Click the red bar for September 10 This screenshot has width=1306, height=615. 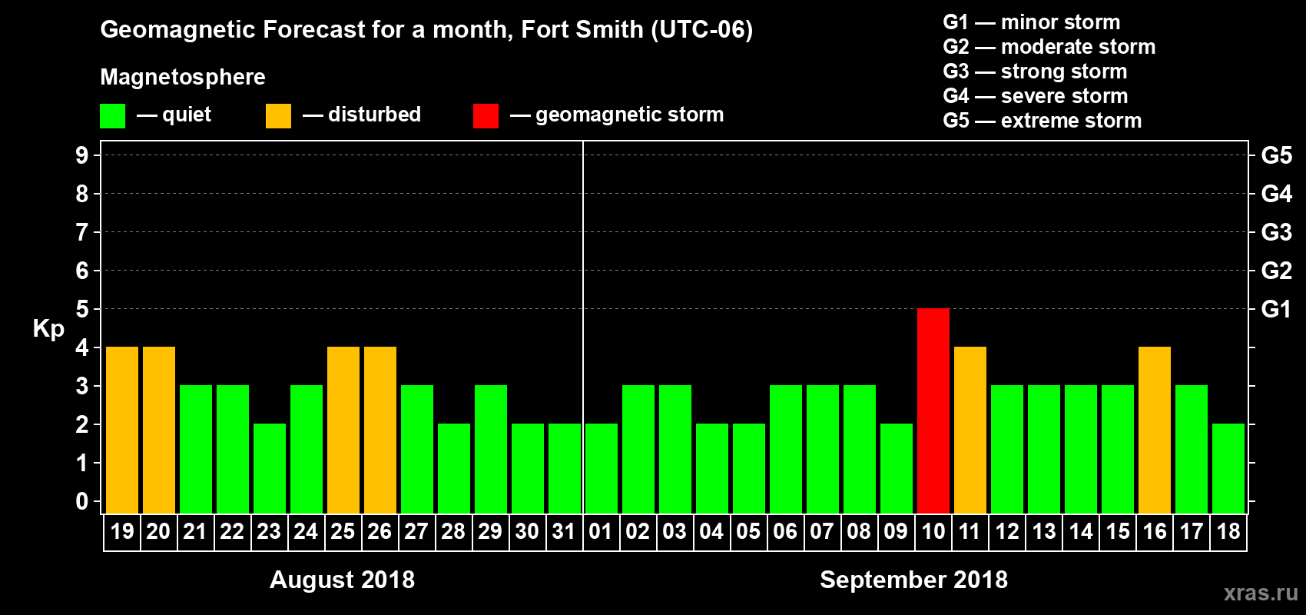(x=933, y=411)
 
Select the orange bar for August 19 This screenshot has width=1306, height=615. (x=122, y=430)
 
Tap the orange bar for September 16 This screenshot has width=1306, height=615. (x=1155, y=430)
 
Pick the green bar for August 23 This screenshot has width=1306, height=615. (x=270, y=468)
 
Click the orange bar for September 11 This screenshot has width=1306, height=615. (x=970, y=430)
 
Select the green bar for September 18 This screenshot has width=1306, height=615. (x=1228, y=468)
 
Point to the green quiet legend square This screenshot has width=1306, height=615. (x=113, y=116)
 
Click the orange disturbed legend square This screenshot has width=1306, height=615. (x=278, y=116)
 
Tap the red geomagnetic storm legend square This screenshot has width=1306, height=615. (x=486, y=116)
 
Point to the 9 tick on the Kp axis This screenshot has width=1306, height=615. (x=82, y=155)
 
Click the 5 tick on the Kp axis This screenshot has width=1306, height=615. (x=82, y=309)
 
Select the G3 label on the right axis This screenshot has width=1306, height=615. (x=1276, y=232)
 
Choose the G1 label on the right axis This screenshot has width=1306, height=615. (x=1276, y=309)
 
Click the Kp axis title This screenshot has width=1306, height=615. (x=48, y=328)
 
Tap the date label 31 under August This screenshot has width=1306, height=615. (x=564, y=531)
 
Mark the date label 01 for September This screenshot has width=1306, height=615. (x=601, y=531)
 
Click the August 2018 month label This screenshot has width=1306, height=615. (x=342, y=580)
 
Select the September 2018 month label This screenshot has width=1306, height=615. (x=913, y=580)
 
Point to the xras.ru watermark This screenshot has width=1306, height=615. (x=1261, y=593)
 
